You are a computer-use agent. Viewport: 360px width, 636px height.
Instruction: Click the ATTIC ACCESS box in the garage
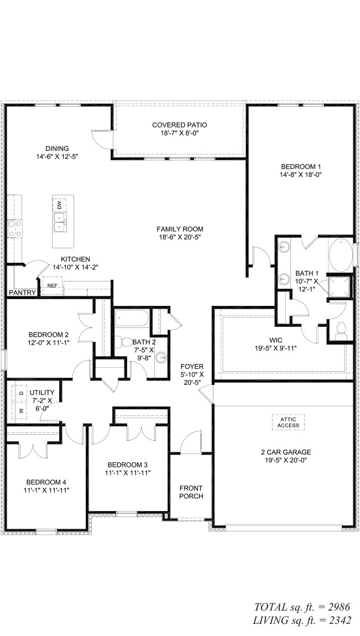click(x=288, y=422)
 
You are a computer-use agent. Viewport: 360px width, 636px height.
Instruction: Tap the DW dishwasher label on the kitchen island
click(x=60, y=206)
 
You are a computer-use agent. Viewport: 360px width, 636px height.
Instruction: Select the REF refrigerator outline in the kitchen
click(x=53, y=285)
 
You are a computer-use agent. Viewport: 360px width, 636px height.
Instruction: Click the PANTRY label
click(x=22, y=292)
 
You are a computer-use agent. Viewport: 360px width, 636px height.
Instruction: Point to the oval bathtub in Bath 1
click(x=341, y=254)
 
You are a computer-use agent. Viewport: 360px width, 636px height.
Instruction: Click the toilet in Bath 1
click(x=341, y=330)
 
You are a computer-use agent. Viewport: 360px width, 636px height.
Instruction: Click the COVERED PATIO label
click(x=180, y=125)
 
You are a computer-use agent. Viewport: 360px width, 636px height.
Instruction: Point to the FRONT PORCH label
click(x=191, y=492)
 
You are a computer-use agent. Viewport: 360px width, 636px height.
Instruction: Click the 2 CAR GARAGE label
click(x=286, y=452)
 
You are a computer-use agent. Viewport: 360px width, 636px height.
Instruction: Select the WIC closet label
click(x=276, y=340)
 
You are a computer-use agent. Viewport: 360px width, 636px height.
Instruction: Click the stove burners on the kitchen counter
click(x=15, y=228)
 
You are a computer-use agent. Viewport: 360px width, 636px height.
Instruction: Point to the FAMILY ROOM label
click(x=180, y=229)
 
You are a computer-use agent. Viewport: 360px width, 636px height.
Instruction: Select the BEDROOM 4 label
click(x=46, y=482)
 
